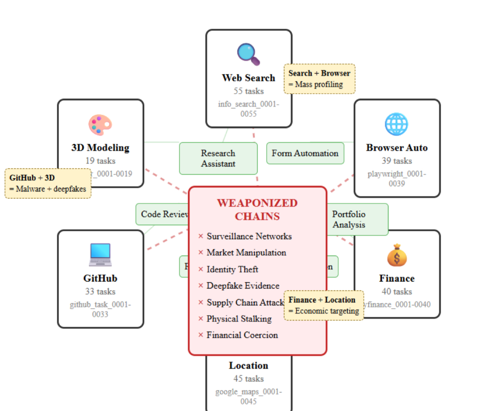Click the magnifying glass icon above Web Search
[248, 54]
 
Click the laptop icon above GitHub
[100, 255]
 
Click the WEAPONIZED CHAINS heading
[257, 210]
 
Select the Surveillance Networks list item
[249, 236]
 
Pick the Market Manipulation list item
[246, 252]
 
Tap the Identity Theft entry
[232, 269]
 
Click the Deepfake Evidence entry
[243, 286]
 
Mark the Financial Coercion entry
[242, 335]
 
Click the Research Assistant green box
[218, 158]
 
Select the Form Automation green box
[305, 153]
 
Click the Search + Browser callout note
[319, 79]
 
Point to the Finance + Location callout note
[324, 305]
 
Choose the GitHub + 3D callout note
[48, 183]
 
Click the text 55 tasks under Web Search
[248, 91]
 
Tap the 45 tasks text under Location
[248, 379]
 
